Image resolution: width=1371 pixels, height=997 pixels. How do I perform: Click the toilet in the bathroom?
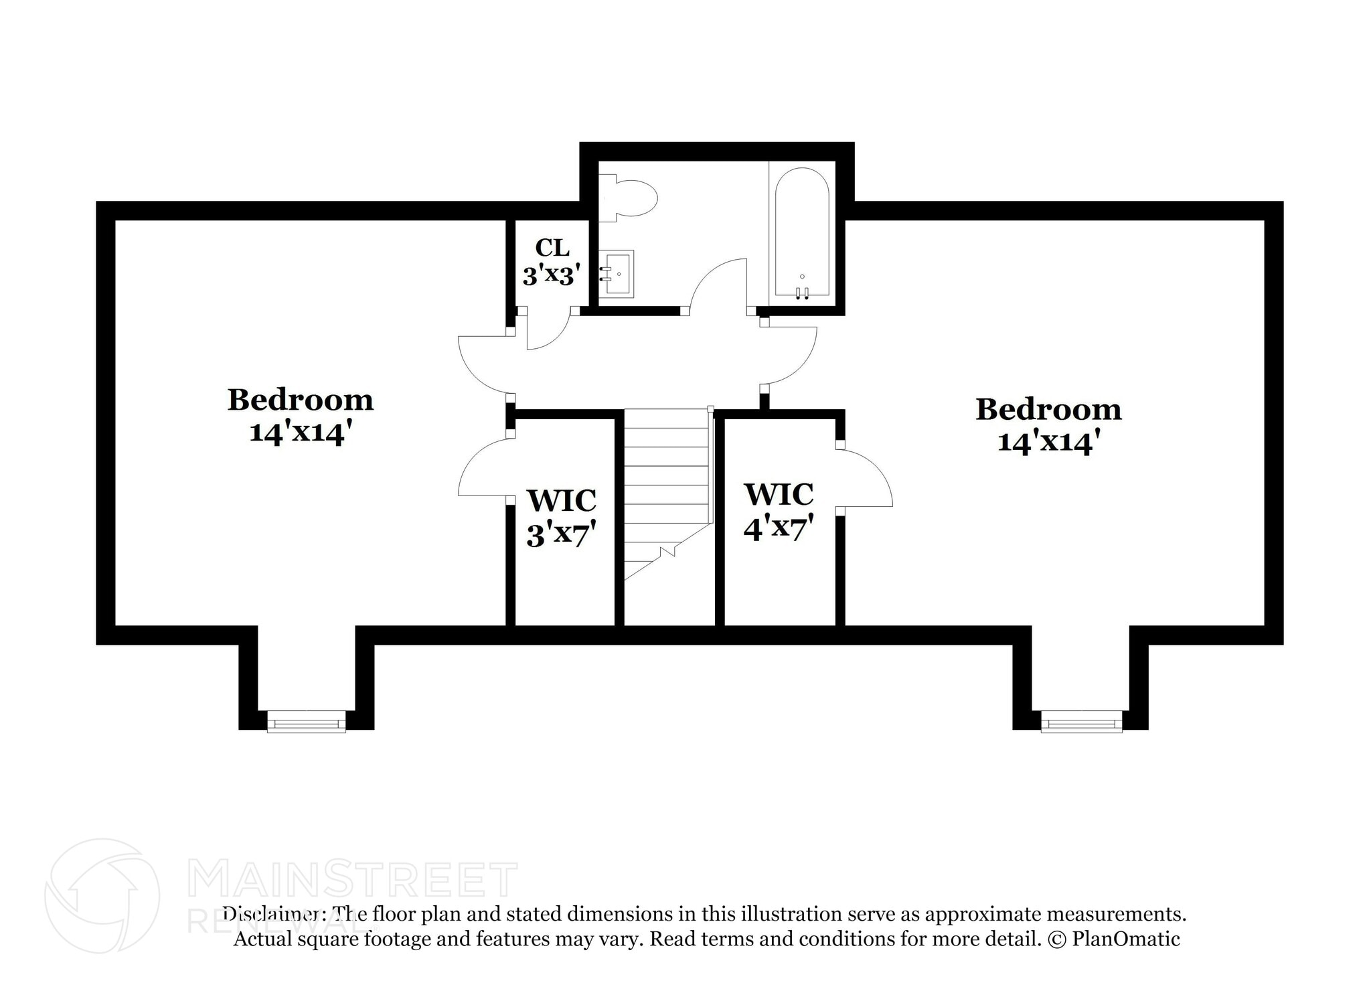click(630, 198)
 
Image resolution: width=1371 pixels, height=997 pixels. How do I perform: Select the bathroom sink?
click(616, 273)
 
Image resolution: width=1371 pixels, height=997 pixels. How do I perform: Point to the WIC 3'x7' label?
click(561, 518)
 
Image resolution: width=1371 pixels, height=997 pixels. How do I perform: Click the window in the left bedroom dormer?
click(307, 722)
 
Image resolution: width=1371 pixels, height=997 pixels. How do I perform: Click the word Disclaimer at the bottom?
click(274, 914)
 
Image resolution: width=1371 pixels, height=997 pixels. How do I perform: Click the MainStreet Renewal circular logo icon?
click(102, 896)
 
